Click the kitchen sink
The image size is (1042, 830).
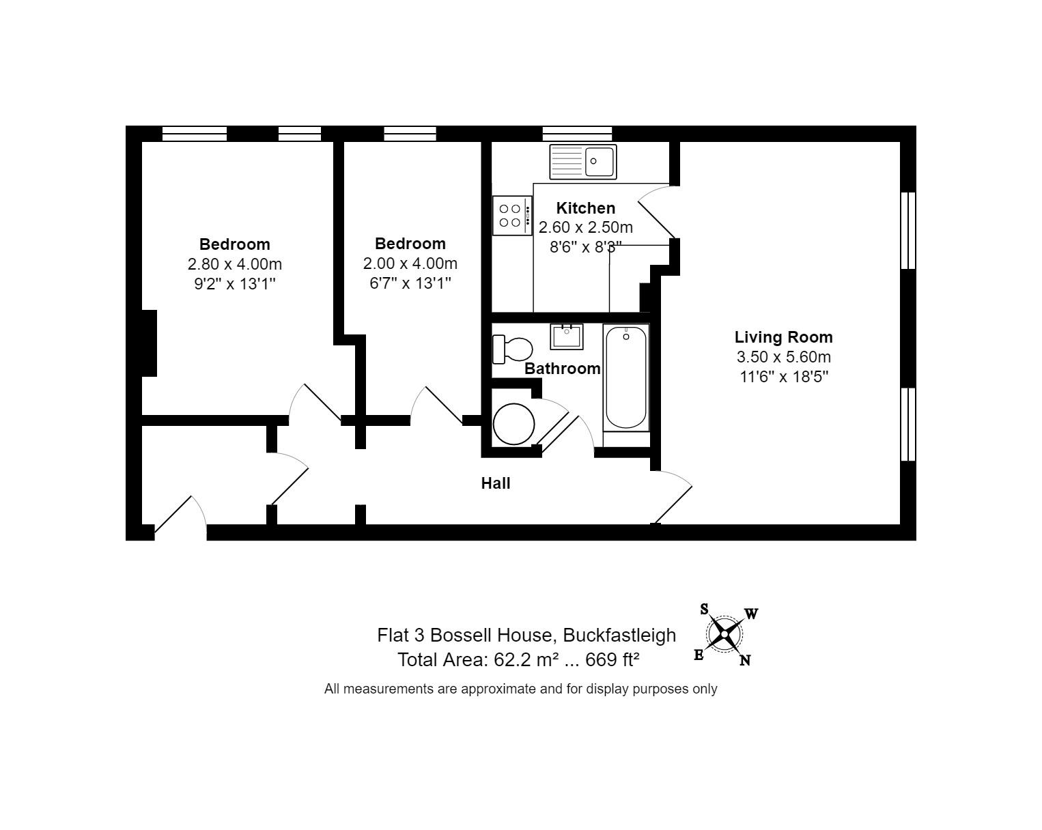click(x=583, y=162)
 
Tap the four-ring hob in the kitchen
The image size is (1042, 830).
click(x=512, y=216)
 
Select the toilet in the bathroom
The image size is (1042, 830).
click(x=512, y=349)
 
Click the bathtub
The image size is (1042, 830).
click(x=625, y=377)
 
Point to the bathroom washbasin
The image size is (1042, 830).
click(x=566, y=336)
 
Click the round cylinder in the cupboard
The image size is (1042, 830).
click(x=513, y=424)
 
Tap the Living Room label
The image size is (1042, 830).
click(x=783, y=337)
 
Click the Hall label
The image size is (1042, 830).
click(x=496, y=483)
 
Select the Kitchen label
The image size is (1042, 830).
click(x=585, y=208)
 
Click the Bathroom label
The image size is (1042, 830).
click(x=562, y=369)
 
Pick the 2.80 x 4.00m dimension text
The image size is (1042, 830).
click(x=234, y=264)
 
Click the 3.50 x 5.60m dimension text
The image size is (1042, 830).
click(x=783, y=357)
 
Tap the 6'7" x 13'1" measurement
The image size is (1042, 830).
click(x=410, y=283)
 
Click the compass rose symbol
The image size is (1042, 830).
click(x=724, y=635)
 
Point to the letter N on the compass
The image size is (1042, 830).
click(x=746, y=661)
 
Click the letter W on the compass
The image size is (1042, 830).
click(x=751, y=614)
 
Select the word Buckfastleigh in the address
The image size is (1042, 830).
click(x=619, y=635)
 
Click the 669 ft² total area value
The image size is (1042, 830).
click(x=612, y=660)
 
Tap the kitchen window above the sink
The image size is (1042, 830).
click(x=577, y=133)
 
